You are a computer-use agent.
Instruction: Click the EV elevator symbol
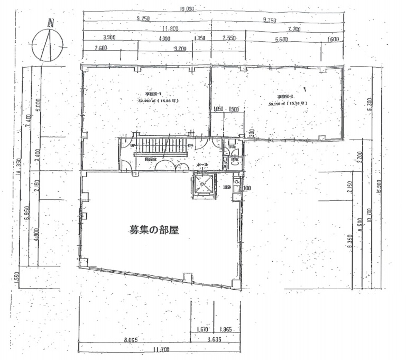203,184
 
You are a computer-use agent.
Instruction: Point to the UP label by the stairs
133,146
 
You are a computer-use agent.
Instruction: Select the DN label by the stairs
191,146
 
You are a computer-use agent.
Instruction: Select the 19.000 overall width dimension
187,9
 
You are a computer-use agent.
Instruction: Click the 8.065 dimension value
130,339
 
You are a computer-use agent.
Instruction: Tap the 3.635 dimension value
214,339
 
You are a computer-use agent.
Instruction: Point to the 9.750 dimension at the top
269,20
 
